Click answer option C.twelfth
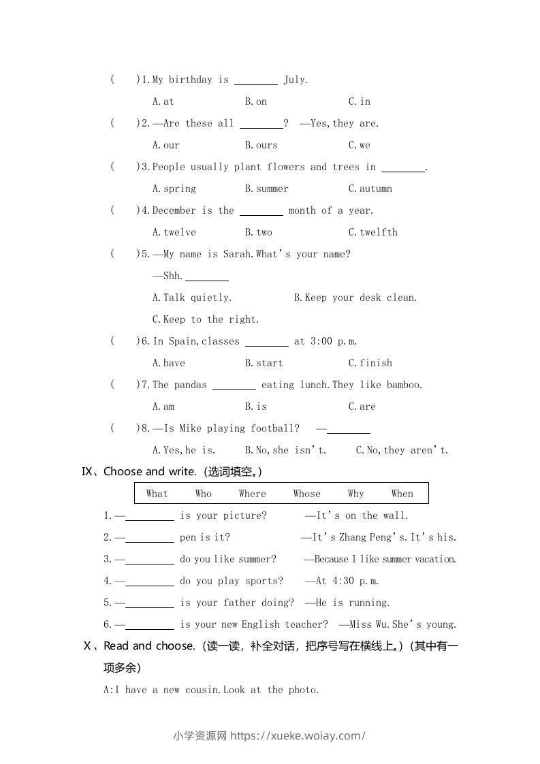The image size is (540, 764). [372, 232]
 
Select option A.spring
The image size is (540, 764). [174, 189]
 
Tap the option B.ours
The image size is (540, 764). [261, 145]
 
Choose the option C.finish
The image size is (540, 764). [370, 363]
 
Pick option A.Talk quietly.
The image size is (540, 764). [192, 298]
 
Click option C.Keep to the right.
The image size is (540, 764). [206, 319]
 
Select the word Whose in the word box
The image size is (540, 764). [306, 494]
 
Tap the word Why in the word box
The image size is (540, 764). [355, 494]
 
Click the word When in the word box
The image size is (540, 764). [402, 494]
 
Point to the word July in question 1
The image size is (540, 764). [295, 80]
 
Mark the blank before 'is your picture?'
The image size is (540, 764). [150, 519]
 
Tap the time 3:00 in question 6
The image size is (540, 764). [321, 341]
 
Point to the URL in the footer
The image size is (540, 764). [298, 735]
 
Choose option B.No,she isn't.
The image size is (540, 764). [285, 450]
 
